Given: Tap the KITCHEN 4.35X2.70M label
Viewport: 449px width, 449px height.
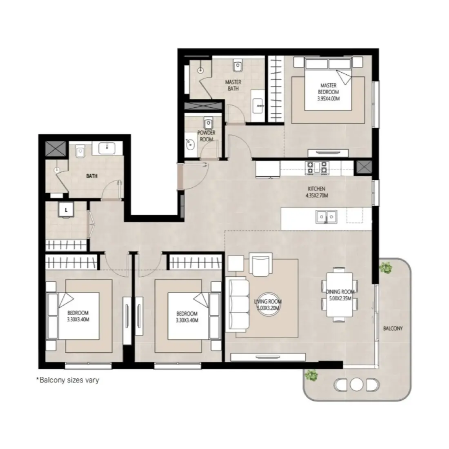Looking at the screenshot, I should click(316, 192).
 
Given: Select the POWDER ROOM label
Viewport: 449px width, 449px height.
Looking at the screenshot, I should click(206, 136).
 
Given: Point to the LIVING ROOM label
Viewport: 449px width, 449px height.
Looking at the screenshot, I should click(268, 305).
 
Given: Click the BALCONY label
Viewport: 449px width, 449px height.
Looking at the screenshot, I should click(393, 328).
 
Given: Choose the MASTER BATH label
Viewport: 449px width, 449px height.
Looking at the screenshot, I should click(233, 85).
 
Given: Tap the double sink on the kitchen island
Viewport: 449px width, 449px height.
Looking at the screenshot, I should click(326, 216).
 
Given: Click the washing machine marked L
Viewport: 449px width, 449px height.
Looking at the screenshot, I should click(65, 211).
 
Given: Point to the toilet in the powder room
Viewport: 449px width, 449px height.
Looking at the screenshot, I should click(209, 123).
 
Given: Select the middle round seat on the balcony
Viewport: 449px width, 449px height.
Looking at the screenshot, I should click(356, 385).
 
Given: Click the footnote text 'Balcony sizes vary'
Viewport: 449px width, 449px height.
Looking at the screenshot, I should click(67, 380).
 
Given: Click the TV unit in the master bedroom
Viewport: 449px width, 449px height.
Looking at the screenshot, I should click(328, 152).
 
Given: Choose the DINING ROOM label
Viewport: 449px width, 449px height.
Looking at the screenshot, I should click(341, 295).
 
